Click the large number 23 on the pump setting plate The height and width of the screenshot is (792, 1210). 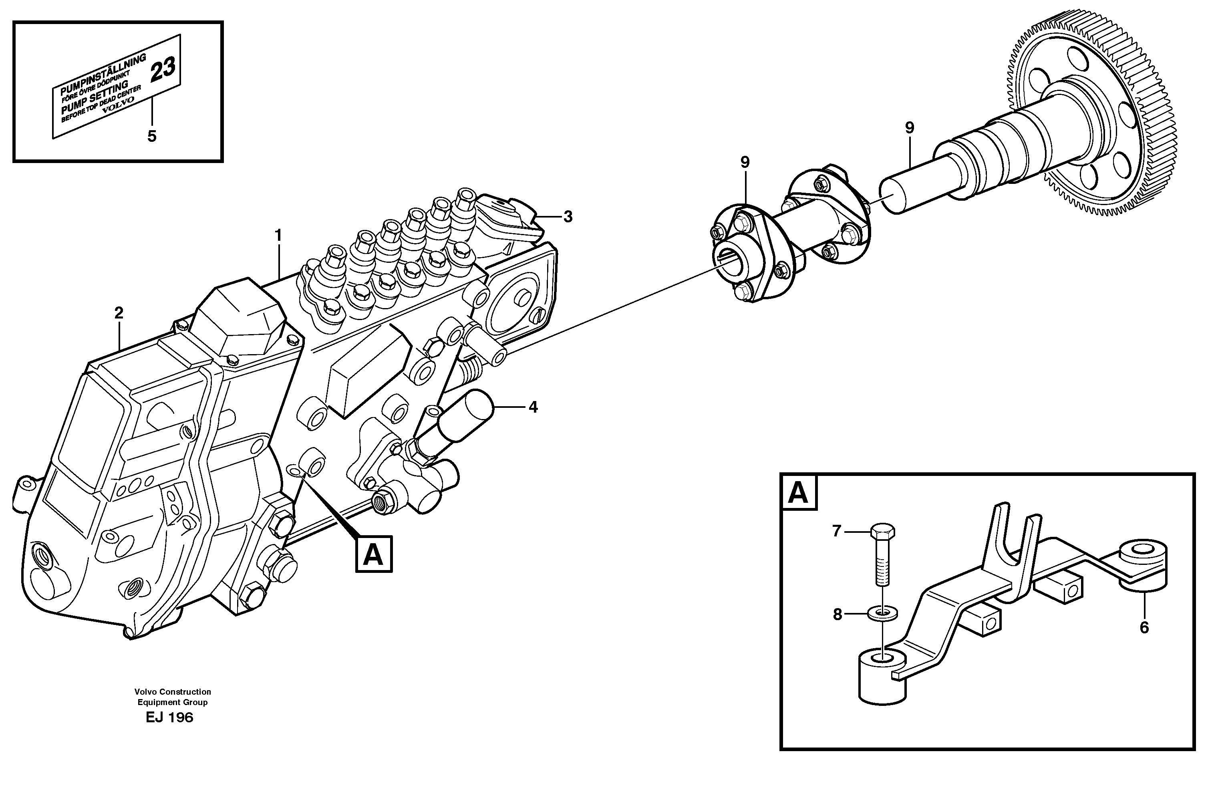pyautogui.click(x=163, y=69)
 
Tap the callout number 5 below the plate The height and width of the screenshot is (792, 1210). pyautogui.click(x=151, y=136)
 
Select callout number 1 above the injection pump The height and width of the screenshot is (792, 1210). pyautogui.click(x=278, y=236)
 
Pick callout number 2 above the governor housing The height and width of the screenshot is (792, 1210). pyautogui.click(x=119, y=313)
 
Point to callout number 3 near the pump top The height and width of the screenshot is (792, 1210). pyautogui.click(x=568, y=217)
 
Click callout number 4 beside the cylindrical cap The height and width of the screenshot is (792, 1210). pyautogui.click(x=533, y=407)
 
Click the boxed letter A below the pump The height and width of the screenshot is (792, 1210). pyautogui.click(x=374, y=554)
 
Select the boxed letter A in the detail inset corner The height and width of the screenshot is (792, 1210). pyautogui.click(x=798, y=492)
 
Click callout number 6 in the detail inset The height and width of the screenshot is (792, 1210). pyautogui.click(x=1144, y=628)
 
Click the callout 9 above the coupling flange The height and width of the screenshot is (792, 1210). pyautogui.click(x=745, y=163)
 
